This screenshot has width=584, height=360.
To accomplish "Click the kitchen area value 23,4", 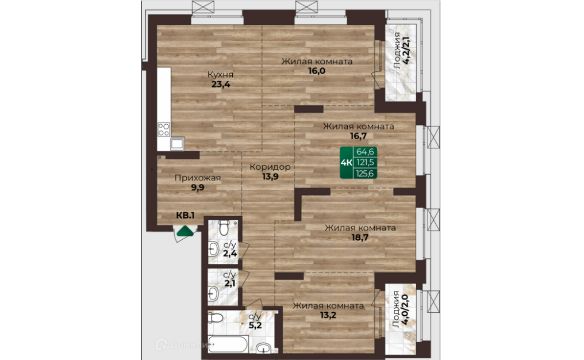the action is coord(221,84).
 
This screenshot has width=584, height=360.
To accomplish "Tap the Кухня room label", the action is coord(221,75).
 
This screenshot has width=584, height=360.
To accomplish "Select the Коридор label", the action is coord(270,167).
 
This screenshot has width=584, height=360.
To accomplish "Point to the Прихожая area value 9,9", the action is coord(198,187).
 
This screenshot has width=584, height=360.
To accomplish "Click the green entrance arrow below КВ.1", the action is coord(186,232).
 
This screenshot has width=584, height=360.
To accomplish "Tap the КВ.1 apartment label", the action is coord(185,216).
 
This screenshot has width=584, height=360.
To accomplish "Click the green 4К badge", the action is coord(347,163).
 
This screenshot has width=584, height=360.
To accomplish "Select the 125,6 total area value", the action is coord(365,173).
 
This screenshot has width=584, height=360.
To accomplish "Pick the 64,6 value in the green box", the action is coord(365,152).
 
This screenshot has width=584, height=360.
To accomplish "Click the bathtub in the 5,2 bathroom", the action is coord(228,344).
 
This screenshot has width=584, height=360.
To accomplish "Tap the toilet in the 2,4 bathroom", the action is coord(224,227).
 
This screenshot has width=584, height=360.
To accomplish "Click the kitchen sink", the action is coord(177,144).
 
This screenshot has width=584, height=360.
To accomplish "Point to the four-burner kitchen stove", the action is coord(164,129).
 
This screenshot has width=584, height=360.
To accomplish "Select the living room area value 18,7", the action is coord(360,238).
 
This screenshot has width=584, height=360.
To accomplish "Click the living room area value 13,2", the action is coord(328,315).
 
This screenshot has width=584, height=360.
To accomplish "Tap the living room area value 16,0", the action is coord(317,71).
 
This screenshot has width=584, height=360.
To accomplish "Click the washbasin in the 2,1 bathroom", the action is coord(213,293).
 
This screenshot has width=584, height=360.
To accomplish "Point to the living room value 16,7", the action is coord(358,136).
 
